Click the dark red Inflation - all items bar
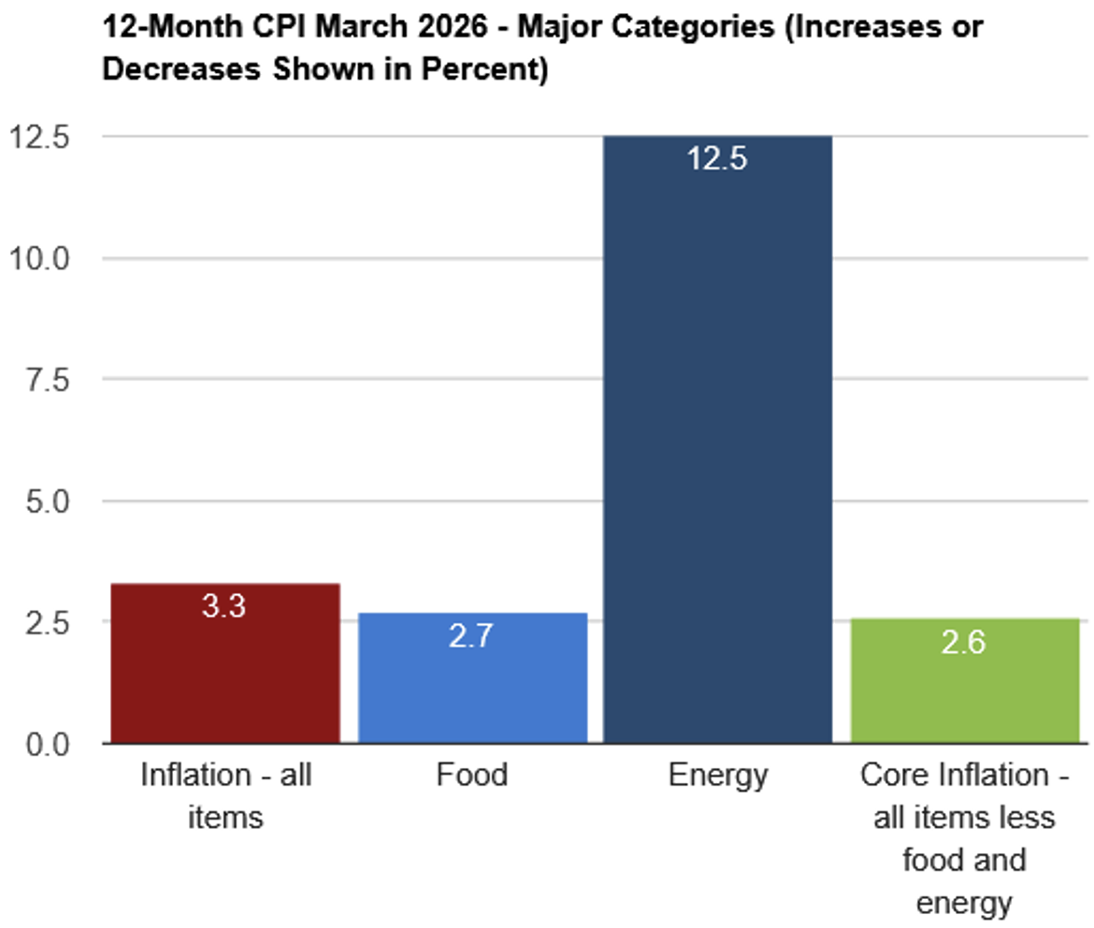pos(225,662)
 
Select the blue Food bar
pos(472,677)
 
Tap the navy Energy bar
pos(718,440)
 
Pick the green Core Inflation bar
pos(965,680)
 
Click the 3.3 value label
pos(224,605)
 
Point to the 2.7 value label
pos(471,635)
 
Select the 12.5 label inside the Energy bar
pos(717,158)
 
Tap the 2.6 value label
pos(963,642)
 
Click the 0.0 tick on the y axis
pos(48,745)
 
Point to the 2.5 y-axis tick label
pos(48,623)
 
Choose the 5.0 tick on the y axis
pos(48,501)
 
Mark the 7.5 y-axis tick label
pos(48,380)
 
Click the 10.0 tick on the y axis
pos(39,259)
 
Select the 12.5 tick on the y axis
pos(39,137)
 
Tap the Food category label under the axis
pos(472,775)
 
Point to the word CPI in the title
pos(279,26)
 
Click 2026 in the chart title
pos(453,26)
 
